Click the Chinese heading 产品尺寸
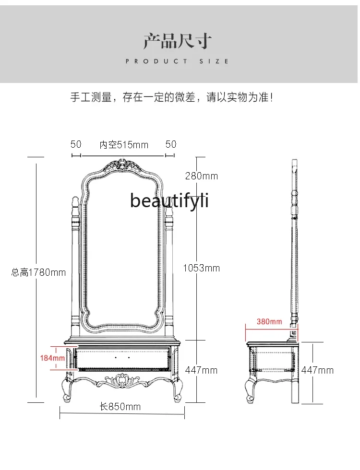pos(178,41)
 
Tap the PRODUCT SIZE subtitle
pos(178,61)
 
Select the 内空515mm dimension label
pos(124,144)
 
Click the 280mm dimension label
pos(202,176)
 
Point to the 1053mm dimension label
pos(202,268)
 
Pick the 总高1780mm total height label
pos(39,272)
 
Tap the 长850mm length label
pos(120,407)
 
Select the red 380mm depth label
pos(269,321)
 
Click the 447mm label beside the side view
pos(317,370)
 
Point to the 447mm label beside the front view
pos(201,370)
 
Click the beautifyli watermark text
pos(169,201)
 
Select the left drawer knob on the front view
pos(116,358)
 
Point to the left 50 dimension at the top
pos(76,144)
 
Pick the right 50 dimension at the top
pos(170,144)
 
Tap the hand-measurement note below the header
pos(171,98)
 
